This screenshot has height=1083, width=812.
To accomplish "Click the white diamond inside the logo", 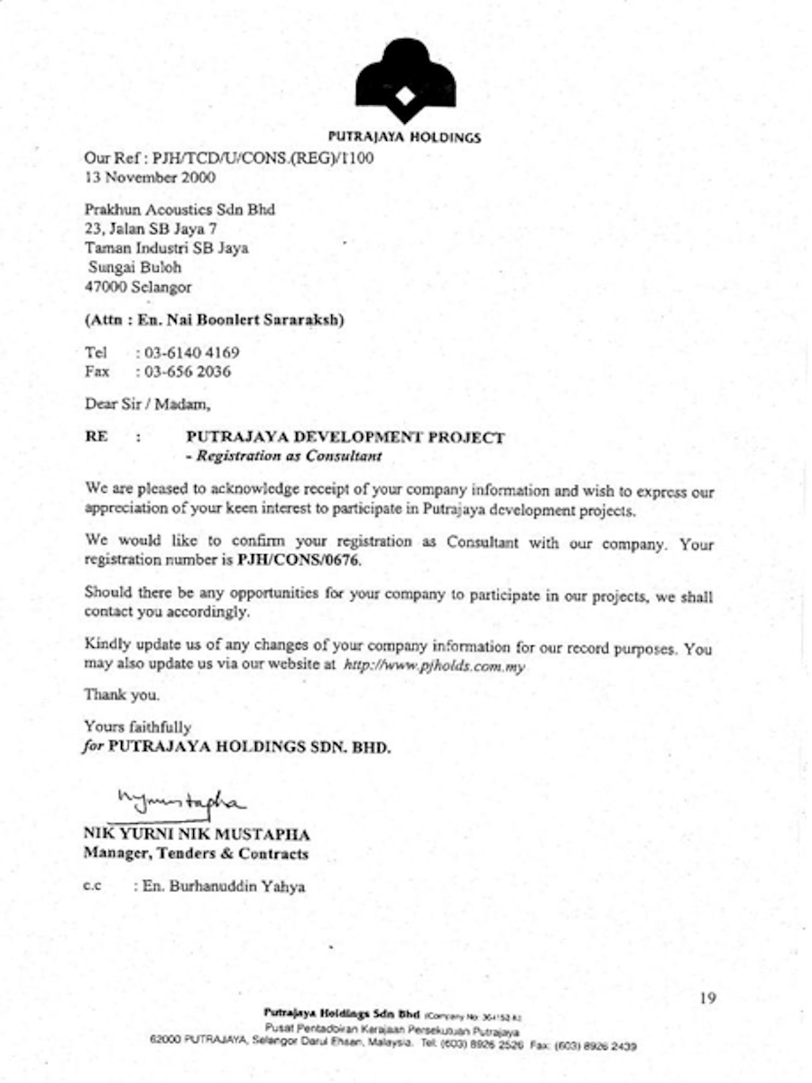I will pyautogui.click(x=405, y=95).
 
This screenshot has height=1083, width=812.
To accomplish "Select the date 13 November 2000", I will pyautogui.click(x=149, y=178).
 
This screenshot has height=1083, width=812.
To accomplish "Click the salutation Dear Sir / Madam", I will pyautogui.click(x=147, y=403).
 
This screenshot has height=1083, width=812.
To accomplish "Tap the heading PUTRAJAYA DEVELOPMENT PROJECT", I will pyautogui.click(x=344, y=438).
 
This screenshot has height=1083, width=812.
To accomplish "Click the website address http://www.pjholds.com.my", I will pyautogui.click(x=434, y=666).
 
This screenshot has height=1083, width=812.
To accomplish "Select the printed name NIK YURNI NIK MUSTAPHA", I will pyautogui.click(x=196, y=835).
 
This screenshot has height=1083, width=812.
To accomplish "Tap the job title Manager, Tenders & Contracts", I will pyautogui.click(x=196, y=853).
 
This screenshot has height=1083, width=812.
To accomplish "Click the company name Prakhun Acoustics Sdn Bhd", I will pyautogui.click(x=180, y=209).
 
